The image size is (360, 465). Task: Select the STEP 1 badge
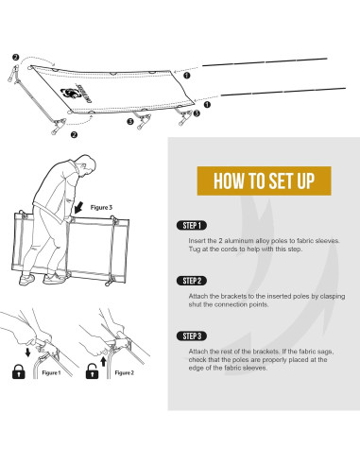click(192, 227)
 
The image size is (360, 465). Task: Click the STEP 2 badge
click(192, 282)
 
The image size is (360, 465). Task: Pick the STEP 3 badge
click(192, 336)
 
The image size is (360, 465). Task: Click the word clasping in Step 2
click(319, 296)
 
